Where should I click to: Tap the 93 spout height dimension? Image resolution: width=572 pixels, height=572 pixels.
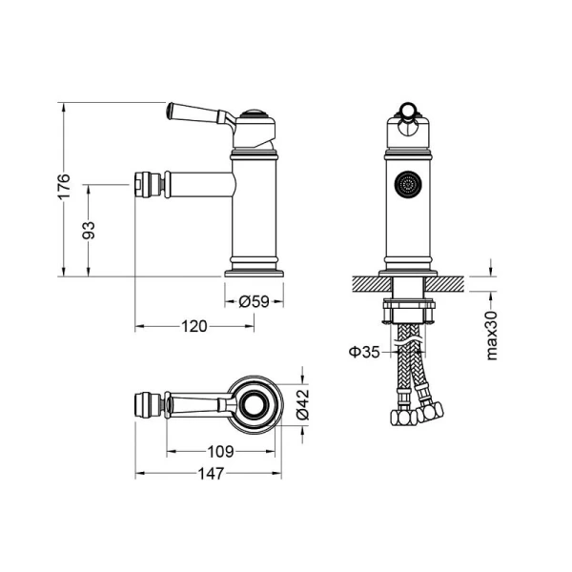pos(89,230)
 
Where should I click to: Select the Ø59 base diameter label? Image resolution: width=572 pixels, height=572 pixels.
pos(253,301)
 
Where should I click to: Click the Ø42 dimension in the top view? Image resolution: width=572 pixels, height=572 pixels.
pos(301,404)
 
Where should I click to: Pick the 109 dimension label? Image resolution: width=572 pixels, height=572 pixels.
pos(222,451)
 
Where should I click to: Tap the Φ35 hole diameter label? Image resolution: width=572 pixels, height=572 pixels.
pos(364,352)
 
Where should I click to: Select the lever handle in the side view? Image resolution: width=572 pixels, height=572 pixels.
pos(195,112)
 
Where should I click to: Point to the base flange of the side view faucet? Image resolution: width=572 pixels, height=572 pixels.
pos(254,271)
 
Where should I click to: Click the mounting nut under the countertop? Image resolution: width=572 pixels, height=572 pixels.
pos(410,310)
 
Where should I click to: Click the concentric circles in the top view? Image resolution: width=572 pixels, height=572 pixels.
pos(255,404)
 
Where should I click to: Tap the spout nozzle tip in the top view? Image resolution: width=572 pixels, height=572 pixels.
pos(146,404)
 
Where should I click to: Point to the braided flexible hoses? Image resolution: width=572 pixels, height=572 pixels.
pos(411,367)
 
